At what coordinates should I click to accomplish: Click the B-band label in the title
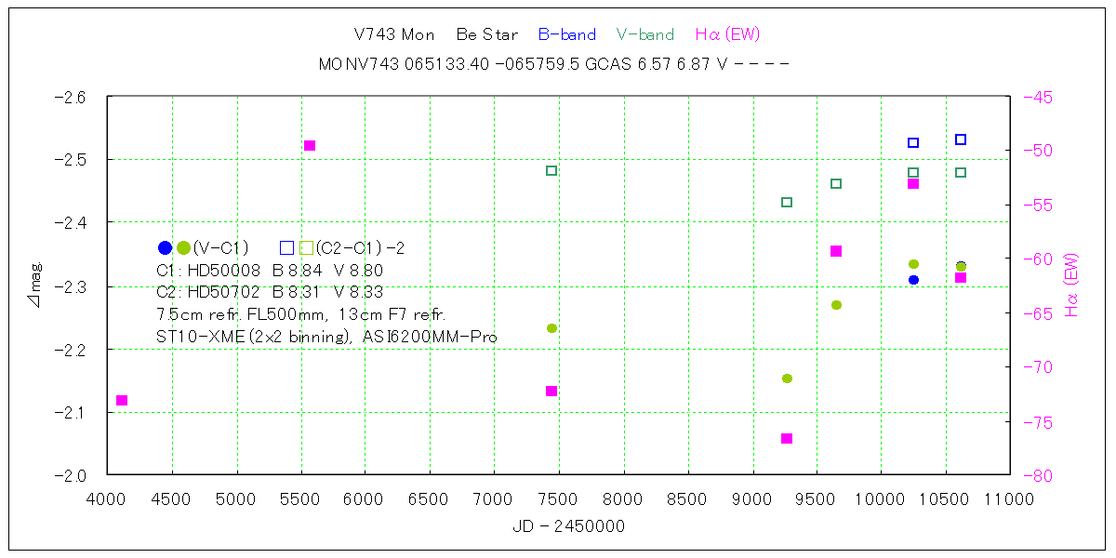click(566, 35)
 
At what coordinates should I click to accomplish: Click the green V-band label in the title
click(644, 35)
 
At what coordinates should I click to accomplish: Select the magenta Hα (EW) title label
click(727, 35)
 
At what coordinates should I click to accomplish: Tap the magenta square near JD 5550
click(310, 145)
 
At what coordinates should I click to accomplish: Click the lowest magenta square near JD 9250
click(787, 438)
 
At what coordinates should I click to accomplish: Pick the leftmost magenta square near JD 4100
click(122, 400)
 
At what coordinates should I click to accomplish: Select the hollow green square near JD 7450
click(551, 170)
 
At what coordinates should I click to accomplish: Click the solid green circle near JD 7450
click(551, 328)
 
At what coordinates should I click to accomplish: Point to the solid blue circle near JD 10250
click(913, 280)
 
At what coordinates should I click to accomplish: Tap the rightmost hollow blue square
click(961, 139)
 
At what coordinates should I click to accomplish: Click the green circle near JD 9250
click(787, 379)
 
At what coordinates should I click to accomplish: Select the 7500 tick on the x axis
click(558, 499)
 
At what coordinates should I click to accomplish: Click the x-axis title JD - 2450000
click(568, 527)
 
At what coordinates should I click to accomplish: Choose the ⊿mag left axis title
click(36, 286)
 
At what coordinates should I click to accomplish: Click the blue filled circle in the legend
click(165, 248)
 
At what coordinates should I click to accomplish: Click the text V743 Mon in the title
click(394, 35)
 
